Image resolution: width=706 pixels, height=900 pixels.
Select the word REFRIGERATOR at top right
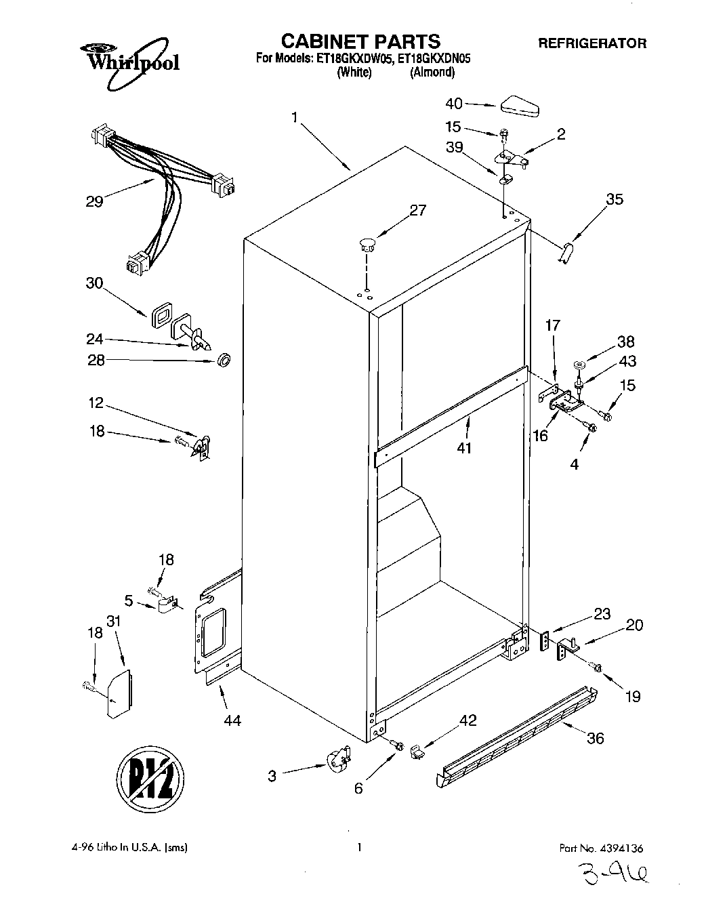pos(591,43)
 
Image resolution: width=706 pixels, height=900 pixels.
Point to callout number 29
pos(94,201)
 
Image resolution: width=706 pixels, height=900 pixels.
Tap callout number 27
pos(417,210)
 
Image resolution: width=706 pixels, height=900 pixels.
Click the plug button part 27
pos(367,245)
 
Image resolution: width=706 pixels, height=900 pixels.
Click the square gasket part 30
pos(162,314)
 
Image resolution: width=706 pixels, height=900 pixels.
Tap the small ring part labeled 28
pos(222,359)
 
